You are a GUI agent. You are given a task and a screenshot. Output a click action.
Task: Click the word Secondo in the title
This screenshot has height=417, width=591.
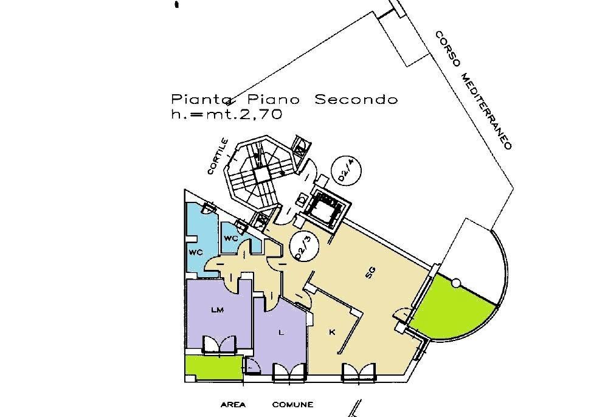356,100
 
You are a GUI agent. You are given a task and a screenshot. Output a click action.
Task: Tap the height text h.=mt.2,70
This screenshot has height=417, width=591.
227,114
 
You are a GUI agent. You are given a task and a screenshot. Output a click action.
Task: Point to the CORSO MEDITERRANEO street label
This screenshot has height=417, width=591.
474,91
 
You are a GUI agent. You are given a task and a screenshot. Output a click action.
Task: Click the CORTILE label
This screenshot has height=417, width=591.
218,156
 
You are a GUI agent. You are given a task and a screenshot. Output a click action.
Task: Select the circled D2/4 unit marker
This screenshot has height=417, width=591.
346,170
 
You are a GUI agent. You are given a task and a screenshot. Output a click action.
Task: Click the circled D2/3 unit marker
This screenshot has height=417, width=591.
304,247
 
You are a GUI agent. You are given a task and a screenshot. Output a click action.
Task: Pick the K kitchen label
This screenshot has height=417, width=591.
332,333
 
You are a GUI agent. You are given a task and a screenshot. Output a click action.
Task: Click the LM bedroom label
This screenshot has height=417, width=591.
218,310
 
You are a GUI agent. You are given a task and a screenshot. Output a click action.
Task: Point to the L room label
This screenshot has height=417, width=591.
281,333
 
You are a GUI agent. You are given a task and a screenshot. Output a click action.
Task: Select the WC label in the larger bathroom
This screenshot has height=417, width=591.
196,252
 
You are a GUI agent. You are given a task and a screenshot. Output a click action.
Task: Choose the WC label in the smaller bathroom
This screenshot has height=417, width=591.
230,238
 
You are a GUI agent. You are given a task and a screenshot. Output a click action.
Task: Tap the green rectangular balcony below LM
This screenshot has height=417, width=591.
213,368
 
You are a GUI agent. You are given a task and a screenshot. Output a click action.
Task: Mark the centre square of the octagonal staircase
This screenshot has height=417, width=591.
260,174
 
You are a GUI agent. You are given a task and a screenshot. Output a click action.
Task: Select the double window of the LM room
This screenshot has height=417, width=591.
219,345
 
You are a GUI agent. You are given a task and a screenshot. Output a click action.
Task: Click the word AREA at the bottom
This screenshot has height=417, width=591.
233,405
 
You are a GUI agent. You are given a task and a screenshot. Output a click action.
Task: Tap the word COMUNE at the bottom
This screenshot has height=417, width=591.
292,405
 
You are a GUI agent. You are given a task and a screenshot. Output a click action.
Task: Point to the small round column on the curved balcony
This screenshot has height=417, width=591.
456,283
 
